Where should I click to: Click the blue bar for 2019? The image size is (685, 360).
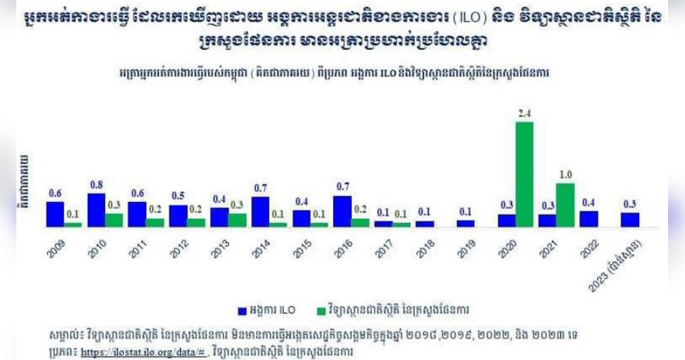pos(465,223)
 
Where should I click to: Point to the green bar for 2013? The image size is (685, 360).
pos(237,220)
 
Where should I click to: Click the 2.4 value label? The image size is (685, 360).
pos(524,113)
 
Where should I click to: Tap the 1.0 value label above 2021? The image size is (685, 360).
pos(565,175)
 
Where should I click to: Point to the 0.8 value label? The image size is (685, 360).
pos(96,185)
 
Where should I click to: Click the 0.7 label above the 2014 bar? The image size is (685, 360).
pos(260,188)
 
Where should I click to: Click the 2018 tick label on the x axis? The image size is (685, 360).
pos(425,249)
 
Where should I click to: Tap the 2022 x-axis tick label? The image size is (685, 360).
pos(589,249)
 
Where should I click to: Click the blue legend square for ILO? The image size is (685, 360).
pos(242,311)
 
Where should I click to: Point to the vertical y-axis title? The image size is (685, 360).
pos(24,182)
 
